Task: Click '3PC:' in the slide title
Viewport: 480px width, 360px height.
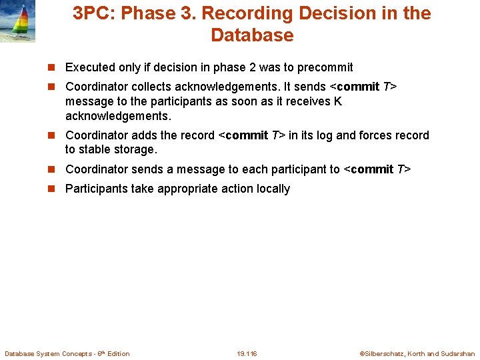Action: (x=93, y=13)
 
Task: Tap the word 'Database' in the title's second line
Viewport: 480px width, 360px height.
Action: (x=252, y=35)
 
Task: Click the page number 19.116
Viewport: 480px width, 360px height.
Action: (x=247, y=353)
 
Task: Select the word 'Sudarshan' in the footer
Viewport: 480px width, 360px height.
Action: (x=458, y=353)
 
